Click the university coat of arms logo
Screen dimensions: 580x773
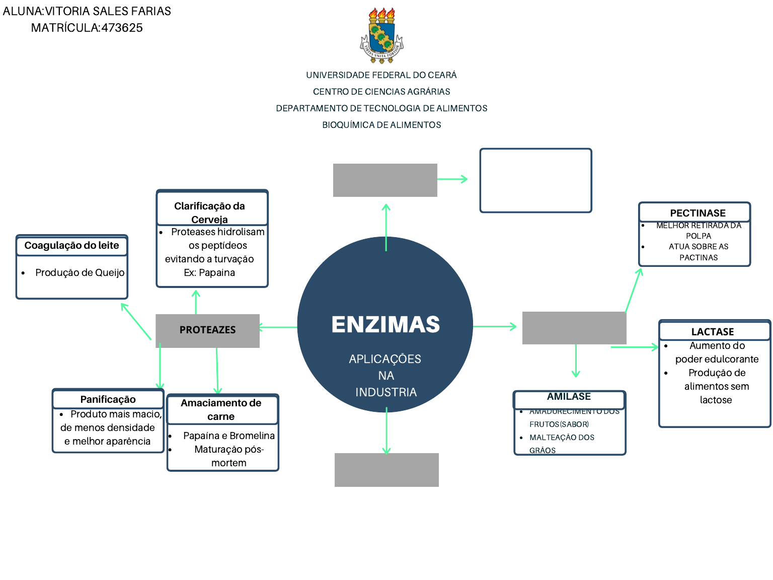click(382, 36)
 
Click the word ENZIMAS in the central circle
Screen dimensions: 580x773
click(385, 325)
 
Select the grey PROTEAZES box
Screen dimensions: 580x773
click(207, 330)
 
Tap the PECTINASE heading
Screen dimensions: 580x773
click(698, 213)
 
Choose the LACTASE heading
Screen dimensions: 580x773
click(712, 332)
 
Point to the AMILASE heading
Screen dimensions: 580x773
click(569, 397)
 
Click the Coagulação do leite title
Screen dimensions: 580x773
click(72, 246)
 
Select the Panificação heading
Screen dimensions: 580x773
click(108, 399)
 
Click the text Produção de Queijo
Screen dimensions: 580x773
click(80, 272)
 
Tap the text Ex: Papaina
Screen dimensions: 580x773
click(209, 272)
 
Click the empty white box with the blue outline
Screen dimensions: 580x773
click(535, 180)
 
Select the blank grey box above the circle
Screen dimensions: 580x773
click(385, 180)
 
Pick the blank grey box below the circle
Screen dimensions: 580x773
click(386, 470)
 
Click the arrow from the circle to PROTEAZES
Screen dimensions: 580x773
click(278, 327)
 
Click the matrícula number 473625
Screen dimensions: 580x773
click(122, 28)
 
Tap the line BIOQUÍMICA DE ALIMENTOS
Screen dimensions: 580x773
click(381, 125)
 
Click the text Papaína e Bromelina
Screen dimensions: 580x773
click(229, 436)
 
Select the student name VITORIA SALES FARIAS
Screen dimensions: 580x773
click(108, 11)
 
